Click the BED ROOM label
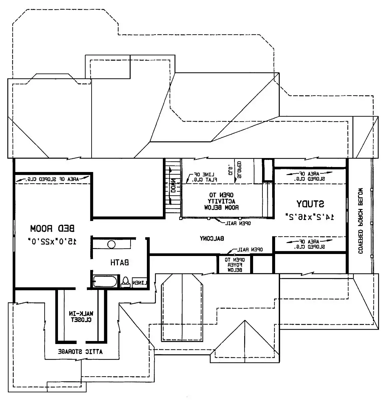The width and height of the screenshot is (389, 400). tap(53, 229)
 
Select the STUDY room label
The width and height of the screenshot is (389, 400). tap(310, 203)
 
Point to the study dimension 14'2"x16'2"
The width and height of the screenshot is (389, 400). tap(310, 217)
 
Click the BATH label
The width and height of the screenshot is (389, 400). tap(120, 263)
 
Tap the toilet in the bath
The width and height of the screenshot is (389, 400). tap(126, 282)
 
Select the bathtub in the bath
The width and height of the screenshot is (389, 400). tap(105, 282)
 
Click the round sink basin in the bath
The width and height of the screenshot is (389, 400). tap(111, 245)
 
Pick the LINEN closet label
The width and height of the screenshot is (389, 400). tap(140, 283)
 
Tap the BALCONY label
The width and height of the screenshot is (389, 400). tap(212, 238)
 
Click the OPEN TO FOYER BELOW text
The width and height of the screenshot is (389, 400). tap(235, 265)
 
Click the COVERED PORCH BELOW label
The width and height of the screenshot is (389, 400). tap(360, 221)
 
